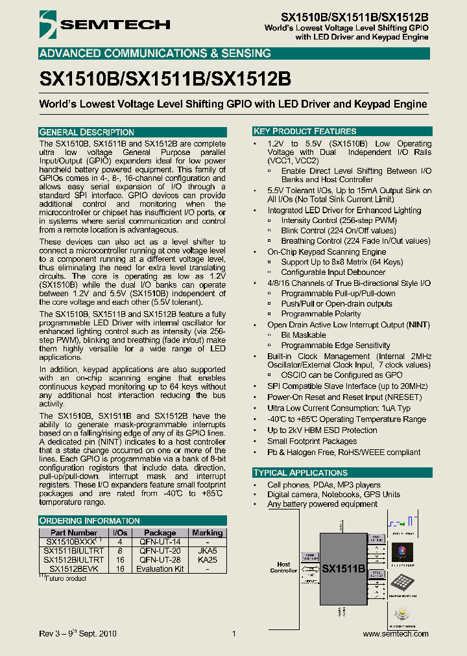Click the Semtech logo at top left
(104, 25)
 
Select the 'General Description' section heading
(87, 132)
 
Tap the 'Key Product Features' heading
(305, 131)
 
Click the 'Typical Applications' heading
(300, 473)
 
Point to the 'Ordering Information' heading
(90, 521)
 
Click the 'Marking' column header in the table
(207, 533)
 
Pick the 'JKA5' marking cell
(207, 550)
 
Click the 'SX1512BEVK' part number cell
(73, 568)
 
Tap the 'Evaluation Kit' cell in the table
(160, 568)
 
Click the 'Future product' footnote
(63, 578)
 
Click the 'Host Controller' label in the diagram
(283, 568)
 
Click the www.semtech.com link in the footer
(396, 633)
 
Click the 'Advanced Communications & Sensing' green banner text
(155, 53)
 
